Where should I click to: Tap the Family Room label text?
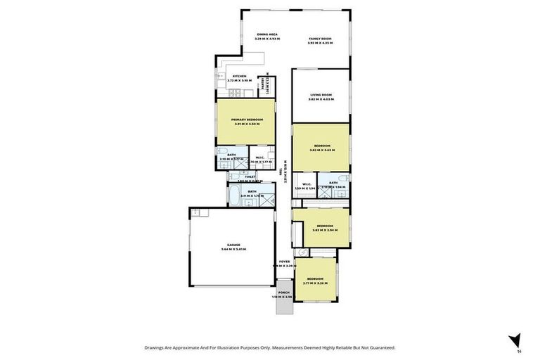319,38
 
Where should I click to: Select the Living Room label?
319,94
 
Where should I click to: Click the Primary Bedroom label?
247,120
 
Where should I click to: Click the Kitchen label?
239,76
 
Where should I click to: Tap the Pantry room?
264,86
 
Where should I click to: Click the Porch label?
283,292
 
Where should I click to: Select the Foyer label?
284,262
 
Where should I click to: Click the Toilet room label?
250,176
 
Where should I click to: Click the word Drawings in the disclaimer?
157,347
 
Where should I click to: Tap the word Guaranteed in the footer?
380,347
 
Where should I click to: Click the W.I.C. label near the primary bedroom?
259,157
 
